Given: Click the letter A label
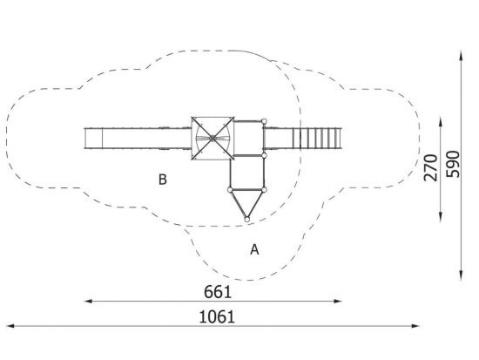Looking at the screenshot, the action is (x=254, y=249).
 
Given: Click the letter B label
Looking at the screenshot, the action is (x=163, y=180).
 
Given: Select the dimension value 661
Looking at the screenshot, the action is (x=218, y=292).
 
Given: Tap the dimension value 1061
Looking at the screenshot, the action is (x=217, y=316).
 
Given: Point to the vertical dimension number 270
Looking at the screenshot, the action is (x=431, y=167).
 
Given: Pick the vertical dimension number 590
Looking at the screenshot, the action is (x=452, y=164).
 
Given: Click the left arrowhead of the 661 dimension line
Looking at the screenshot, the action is (x=88, y=302).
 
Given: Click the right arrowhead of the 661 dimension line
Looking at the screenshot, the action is (x=338, y=302).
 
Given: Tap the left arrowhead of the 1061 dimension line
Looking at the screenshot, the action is (x=10, y=326).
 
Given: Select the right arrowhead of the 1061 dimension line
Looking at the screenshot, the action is (x=415, y=326).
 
